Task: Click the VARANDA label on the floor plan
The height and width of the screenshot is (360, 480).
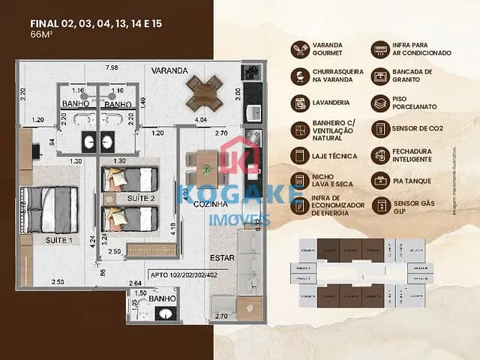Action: (x=169, y=70)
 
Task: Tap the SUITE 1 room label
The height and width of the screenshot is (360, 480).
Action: (x=58, y=240)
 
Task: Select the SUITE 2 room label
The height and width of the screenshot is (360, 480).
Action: (x=140, y=198)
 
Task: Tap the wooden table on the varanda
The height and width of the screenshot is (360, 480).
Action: (x=205, y=92)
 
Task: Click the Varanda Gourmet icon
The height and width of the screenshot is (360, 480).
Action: (x=299, y=49)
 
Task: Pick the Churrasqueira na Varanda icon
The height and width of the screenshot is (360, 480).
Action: (x=299, y=76)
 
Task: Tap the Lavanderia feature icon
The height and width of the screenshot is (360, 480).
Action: (x=299, y=103)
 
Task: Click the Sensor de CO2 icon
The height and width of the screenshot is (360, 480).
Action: (x=381, y=129)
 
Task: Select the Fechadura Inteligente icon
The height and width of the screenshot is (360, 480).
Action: (x=381, y=155)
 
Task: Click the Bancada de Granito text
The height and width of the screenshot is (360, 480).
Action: (x=412, y=76)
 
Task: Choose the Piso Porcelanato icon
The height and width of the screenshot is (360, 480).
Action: (x=381, y=103)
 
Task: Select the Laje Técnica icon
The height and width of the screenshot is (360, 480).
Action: (x=299, y=155)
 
